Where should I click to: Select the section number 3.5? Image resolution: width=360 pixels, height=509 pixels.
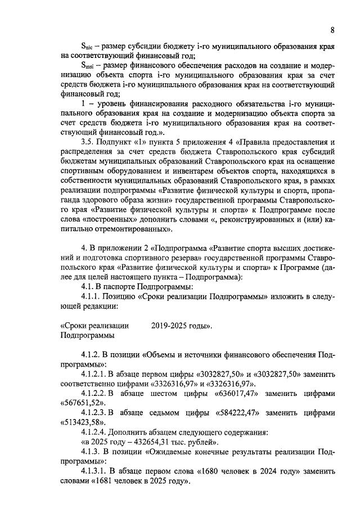(x=89, y=140)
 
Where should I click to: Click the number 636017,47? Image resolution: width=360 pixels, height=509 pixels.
(x=237, y=393)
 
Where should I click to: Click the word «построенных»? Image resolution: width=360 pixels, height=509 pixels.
(x=110, y=220)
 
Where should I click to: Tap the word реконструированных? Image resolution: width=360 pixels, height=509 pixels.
(x=242, y=220)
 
